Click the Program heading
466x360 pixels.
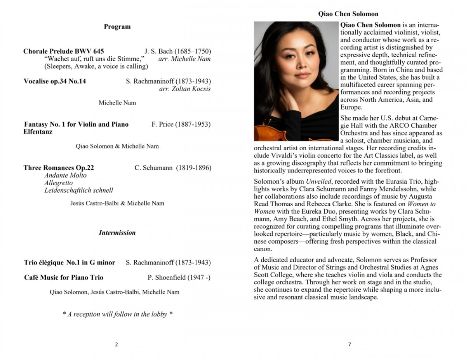click(117, 27)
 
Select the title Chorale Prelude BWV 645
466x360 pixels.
click(64, 51)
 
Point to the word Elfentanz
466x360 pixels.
click(38, 132)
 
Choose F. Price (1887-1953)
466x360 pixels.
click(181, 124)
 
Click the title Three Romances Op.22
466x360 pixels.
click(59, 168)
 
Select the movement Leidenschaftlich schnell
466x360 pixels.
click(79, 190)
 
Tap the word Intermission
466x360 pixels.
click(117, 233)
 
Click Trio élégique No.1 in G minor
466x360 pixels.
click(70, 263)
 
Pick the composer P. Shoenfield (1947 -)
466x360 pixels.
click(179, 277)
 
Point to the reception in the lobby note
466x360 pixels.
click(117, 314)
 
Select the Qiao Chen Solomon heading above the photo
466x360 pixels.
click(348, 14)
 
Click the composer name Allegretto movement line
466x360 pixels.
click(59, 183)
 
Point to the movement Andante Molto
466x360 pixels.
click(66, 175)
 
